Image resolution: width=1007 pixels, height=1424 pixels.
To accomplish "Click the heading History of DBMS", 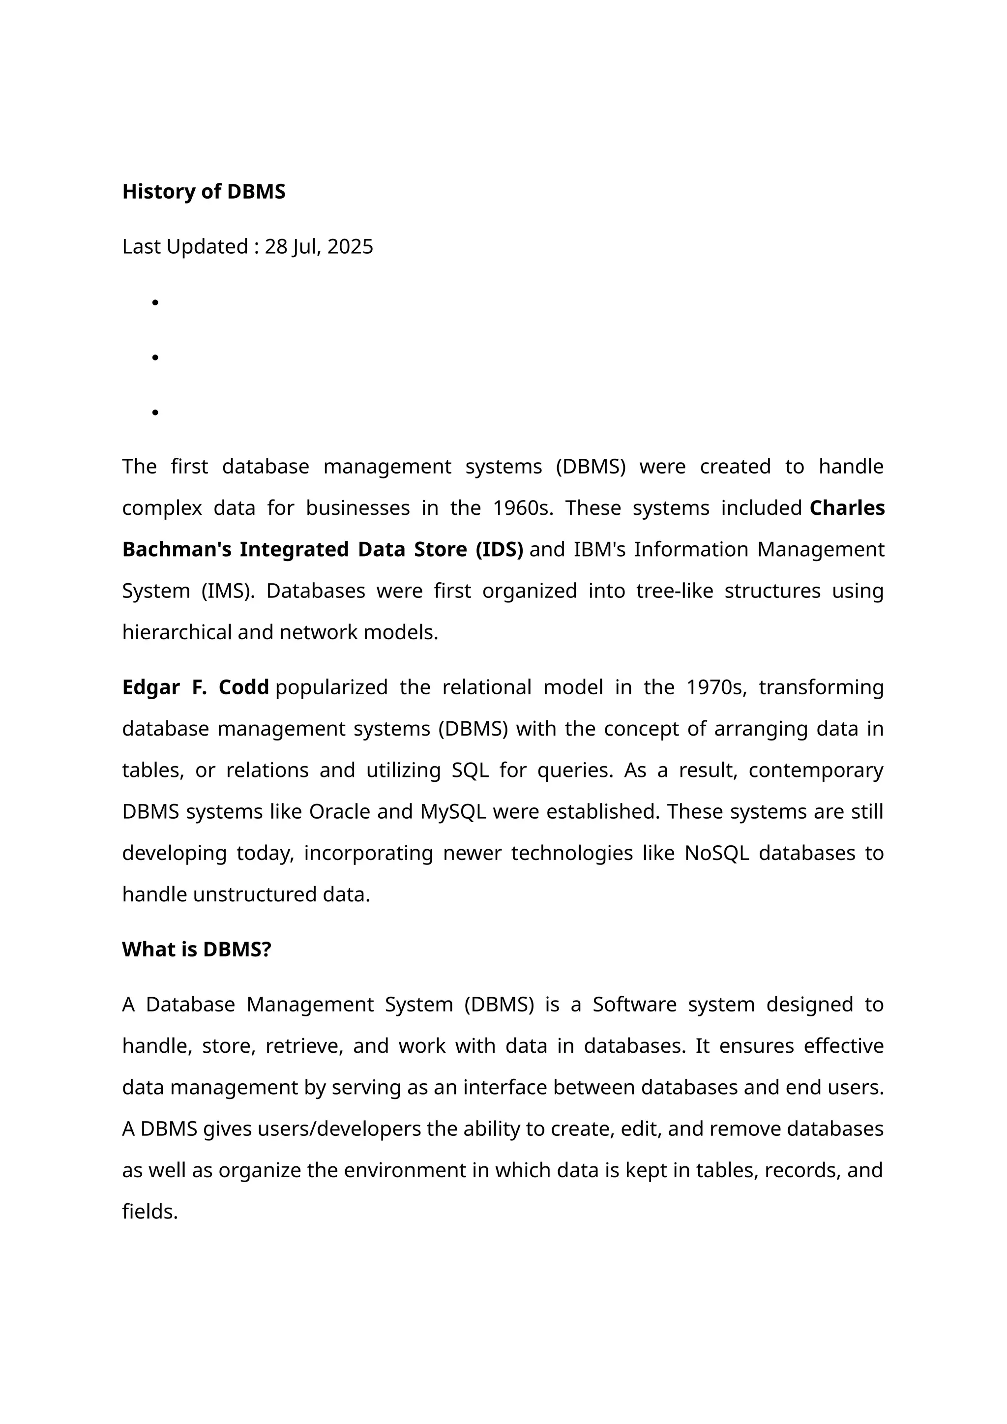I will pos(204,192).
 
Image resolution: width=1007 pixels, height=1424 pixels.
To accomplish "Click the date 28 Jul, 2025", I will pos(319,247).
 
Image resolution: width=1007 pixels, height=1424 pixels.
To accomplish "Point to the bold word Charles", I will pos(847,508).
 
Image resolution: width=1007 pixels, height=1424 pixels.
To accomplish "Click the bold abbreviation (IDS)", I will pos(499,550).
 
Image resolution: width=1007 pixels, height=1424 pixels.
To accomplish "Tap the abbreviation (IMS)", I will pos(228,591).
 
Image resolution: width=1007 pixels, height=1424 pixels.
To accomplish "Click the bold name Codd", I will pos(244,687).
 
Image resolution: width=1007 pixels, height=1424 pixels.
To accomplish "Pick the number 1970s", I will pos(716,687).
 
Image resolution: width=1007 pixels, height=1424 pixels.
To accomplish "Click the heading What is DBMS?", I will pos(197,949).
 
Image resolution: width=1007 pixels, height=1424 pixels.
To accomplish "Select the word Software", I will pos(634,1005).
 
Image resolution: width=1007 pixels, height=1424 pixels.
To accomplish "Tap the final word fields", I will pos(150,1212).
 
